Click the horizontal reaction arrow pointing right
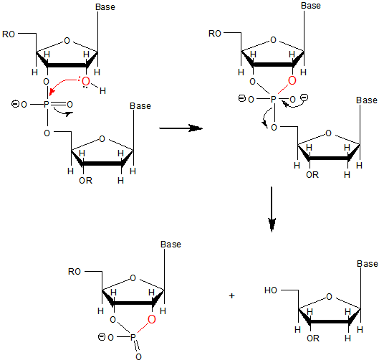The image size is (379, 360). coord(181,128)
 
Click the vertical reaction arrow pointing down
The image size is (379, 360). coord(272,209)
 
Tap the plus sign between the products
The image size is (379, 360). coord(232,295)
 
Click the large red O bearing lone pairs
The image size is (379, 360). coord(86,81)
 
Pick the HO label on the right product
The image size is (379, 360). coord(271,290)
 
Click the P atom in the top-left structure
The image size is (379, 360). coord(46,105)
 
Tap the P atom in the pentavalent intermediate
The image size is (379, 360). coord(274,99)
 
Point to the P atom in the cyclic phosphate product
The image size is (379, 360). coord(133,337)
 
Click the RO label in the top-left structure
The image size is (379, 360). coord(9,34)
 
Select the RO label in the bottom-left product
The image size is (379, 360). coord(75,272)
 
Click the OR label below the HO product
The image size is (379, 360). coord(313,338)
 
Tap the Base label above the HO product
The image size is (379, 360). coord(367,264)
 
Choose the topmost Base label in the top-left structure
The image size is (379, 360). coord(105,7)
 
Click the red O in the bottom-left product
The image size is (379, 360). coord(152,319)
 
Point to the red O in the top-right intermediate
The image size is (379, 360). coord(292,80)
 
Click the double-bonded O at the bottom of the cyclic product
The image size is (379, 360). coord(138,356)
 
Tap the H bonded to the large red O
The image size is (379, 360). coord(102,91)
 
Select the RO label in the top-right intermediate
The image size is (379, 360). coord(215,34)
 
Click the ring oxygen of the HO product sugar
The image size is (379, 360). coord(329,297)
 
